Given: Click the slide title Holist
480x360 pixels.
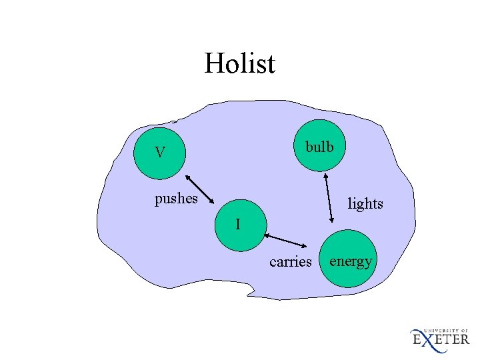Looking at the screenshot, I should (x=239, y=64).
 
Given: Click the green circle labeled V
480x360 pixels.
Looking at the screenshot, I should (x=159, y=152).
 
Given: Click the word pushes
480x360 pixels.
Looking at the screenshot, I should (x=176, y=198).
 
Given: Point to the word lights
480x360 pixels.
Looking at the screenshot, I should (x=365, y=203).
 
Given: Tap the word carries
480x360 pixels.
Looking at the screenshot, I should (x=290, y=261).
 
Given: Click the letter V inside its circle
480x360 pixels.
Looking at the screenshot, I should (x=159, y=153).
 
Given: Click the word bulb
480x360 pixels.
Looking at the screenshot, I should (x=319, y=147).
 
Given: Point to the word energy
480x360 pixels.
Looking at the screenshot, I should (x=351, y=261).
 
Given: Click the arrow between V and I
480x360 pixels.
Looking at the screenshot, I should (x=199, y=188).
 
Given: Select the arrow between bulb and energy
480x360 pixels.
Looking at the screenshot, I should (x=329, y=197).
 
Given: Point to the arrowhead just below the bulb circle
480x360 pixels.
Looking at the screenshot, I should (x=326, y=177).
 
